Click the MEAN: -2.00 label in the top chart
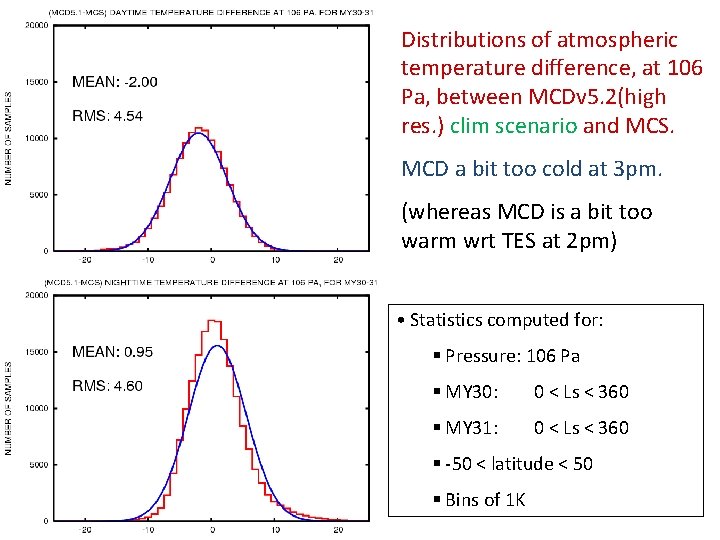point(114,82)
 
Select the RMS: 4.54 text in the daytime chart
point(107,116)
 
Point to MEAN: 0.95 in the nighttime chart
point(112,352)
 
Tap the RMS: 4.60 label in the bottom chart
point(107,386)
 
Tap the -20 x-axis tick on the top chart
point(86,259)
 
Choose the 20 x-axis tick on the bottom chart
point(338,530)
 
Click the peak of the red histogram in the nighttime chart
point(212,321)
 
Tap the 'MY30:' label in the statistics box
point(473,392)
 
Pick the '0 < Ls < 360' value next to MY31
point(581,428)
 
